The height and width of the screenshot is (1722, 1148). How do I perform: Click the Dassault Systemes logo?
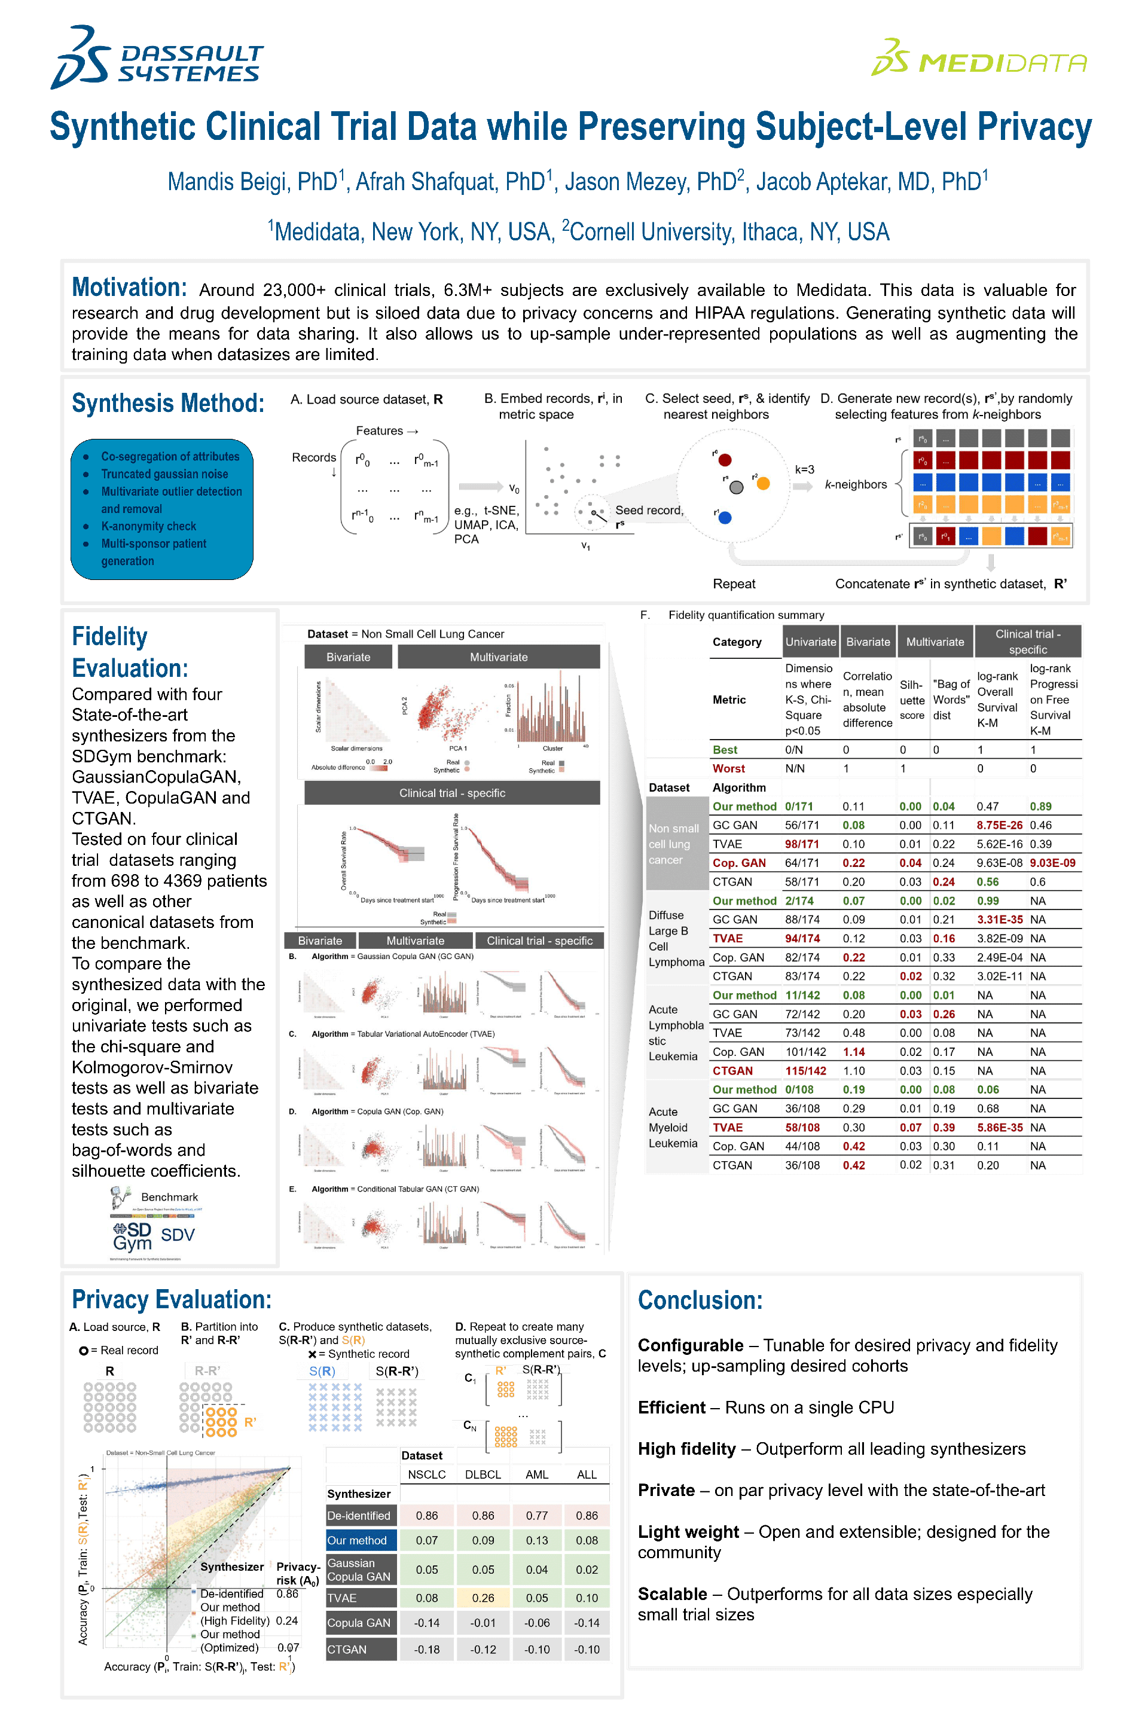pos(157,59)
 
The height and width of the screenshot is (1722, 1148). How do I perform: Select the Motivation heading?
pos(129,287)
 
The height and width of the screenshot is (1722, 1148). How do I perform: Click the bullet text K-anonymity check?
pos(149,526)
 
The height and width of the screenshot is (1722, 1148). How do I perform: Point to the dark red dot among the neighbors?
pos(725,460)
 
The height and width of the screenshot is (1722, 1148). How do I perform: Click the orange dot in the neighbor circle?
pos(763,483)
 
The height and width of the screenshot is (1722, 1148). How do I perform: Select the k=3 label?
pos(805,469)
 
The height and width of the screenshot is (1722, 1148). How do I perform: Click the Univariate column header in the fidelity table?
pos(811,642)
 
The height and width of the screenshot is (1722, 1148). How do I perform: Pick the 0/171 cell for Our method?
pos(799,806)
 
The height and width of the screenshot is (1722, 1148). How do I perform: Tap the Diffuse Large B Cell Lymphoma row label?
pos(676,938)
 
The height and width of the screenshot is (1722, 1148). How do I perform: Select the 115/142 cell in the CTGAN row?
pos(805,1070)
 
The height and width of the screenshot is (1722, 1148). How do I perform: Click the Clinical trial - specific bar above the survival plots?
pos(452,793)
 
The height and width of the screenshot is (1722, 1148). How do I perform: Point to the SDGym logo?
pos(133,1236)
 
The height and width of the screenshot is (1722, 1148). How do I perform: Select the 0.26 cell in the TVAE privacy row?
pos(483,1598)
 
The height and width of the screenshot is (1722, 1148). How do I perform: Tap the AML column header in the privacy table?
pos(537,1474)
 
